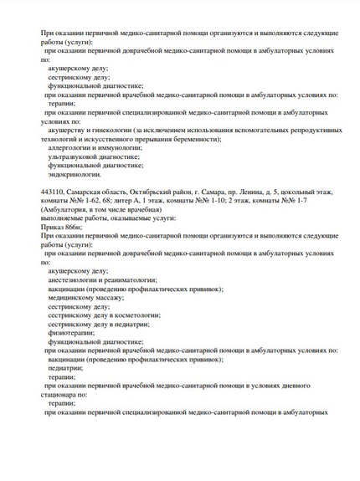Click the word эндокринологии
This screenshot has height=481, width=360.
75,174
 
